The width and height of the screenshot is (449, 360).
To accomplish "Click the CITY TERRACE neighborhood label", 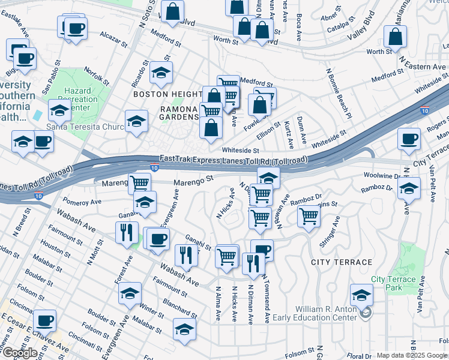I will click(342, 262).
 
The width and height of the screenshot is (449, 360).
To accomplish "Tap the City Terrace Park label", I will click(393, 283).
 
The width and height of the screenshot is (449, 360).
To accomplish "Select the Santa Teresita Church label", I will click(84, 127).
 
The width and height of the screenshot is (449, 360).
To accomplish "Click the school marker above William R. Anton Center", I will click(361, 295).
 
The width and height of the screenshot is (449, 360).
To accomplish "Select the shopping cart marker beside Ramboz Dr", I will click(309, 215).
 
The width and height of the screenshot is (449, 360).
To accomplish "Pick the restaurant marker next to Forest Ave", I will click(126, 232).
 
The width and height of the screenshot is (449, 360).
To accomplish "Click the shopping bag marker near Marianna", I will click(396, 37).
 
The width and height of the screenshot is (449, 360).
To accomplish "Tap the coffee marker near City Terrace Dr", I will click(409, 139).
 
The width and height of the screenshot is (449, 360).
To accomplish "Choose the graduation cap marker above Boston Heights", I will click(160, 73).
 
